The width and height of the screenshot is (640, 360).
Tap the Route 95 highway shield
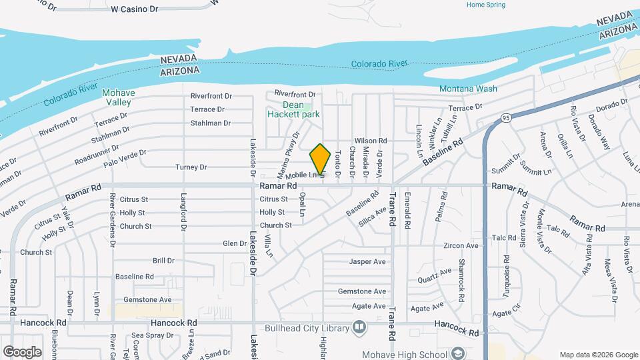[x=506, y=118]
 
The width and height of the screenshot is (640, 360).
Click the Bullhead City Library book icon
[x=359, y=328]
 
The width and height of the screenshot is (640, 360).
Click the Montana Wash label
[x=468, y=89]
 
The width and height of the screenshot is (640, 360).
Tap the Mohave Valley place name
[x=119, y=97]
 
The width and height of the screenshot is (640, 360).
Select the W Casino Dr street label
[x=134, y=9]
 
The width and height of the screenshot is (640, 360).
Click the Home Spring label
[x=486, y=5]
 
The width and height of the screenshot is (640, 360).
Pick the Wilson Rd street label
[x=371, y=141]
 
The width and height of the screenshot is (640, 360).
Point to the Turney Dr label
[x=191, y=167]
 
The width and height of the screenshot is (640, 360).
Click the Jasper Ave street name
[x=367, y=262]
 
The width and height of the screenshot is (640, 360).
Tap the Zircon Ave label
[x=461, y=246]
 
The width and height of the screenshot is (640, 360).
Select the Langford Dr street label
[x=183, y=213]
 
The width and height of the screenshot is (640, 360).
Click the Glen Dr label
[x=234, y=244]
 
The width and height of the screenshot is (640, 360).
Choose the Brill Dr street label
[x=163, y=261]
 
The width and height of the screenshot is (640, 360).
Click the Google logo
[x=22, y=351]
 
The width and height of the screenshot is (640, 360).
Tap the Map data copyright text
[x=598, y=355]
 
